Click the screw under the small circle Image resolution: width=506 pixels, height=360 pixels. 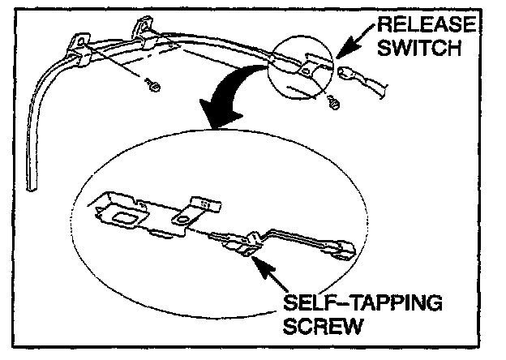click(332, 102)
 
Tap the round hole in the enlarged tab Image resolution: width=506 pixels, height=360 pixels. click(187, 218)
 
